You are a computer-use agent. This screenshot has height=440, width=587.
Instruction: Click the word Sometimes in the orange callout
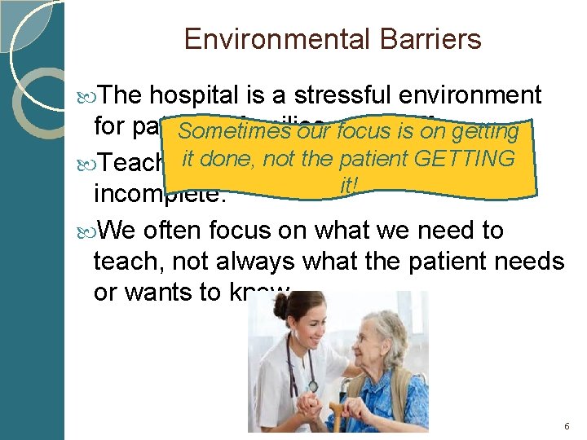(x=236, y=131)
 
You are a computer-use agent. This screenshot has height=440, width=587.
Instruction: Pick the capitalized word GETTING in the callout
(x=464, y=158)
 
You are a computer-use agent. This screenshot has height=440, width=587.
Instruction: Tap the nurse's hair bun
(x=280, y=305)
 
